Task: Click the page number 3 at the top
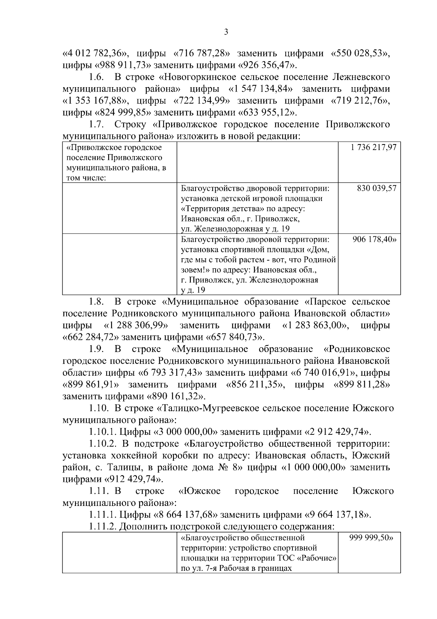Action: tap(226, 32)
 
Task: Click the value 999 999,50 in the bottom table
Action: tap(373, 538)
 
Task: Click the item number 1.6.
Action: tap(97, 77)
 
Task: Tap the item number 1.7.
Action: tap(97, 125)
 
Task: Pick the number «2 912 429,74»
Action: tap(338, 432)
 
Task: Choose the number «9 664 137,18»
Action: tap(338, 515)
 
